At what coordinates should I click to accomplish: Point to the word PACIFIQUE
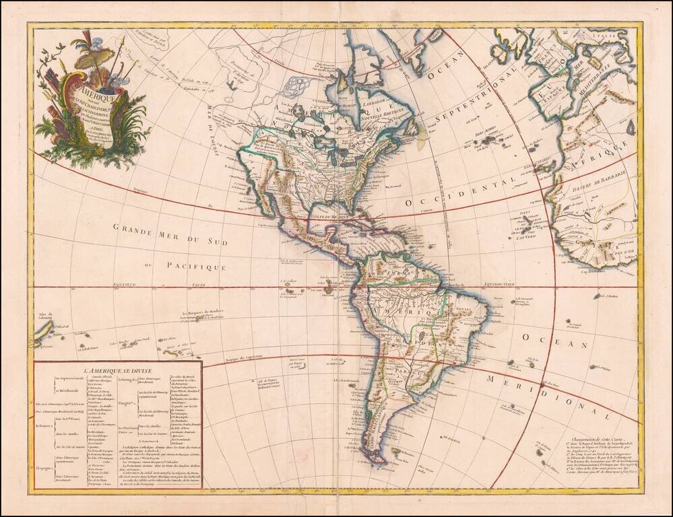[197, 267]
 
